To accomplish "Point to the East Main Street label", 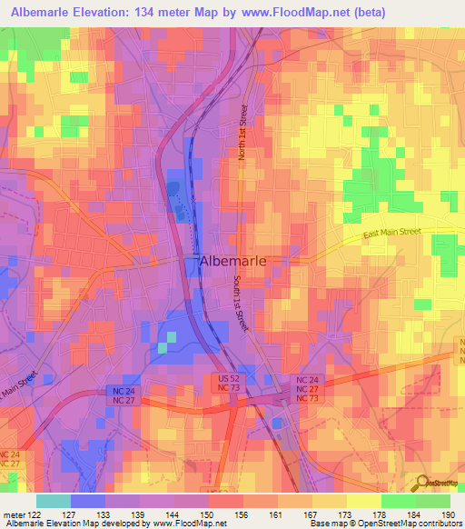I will point(392,235).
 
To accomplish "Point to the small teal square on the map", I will point(163,346).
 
